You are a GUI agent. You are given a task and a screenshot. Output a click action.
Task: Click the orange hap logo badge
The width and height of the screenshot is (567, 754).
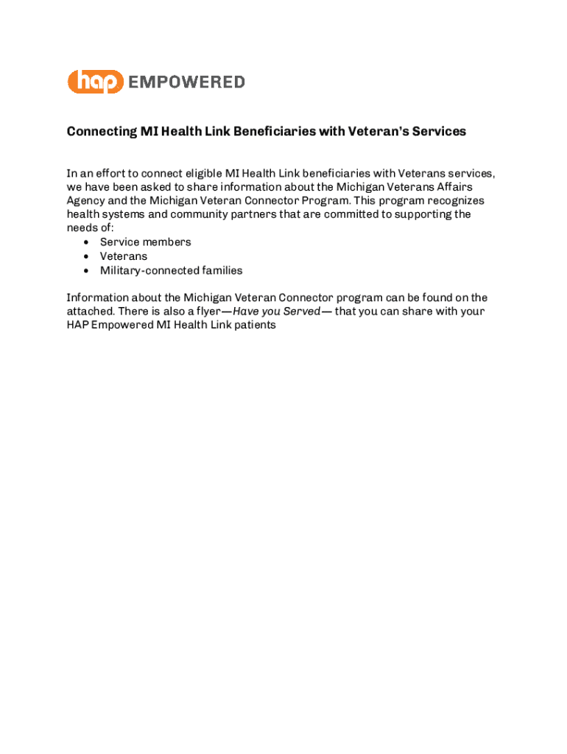coord(95,82)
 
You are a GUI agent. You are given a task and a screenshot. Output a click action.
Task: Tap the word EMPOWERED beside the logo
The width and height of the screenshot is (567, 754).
coord(187,82)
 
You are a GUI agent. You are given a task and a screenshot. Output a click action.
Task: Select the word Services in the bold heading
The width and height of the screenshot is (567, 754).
coord(439,132)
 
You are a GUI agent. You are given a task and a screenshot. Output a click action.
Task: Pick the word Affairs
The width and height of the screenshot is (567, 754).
coord(454,187)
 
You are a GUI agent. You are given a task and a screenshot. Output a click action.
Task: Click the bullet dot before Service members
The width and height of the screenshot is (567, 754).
coord(87,242)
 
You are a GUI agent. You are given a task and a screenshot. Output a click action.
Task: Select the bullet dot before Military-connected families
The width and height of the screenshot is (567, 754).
coord(87,270)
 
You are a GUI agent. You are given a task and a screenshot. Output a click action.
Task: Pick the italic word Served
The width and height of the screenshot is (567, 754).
coord(301,311)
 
